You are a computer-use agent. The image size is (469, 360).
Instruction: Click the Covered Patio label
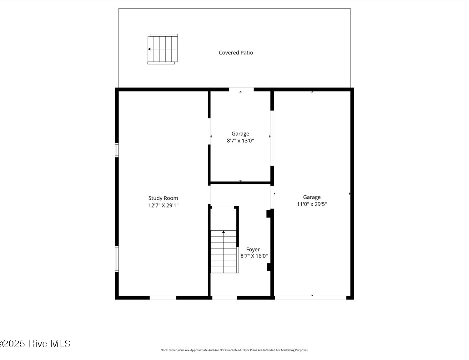click(236, 52)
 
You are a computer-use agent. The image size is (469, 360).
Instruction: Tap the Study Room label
click(163, 198)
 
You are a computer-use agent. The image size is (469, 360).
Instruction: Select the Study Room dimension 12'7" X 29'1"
click(163, 205)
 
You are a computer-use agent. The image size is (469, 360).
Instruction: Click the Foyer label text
click(253, 250)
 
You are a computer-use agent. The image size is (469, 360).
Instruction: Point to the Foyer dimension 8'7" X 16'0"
click(254, 256)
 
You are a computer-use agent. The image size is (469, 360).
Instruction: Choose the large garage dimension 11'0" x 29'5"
click(312, 204)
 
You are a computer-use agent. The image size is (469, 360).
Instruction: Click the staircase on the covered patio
click(163, 49)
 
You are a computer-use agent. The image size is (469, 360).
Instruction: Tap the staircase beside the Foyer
click(224, 252)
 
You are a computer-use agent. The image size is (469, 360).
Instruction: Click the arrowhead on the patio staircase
click(149, 49)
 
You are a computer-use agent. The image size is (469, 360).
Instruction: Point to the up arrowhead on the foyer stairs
click(223, 232)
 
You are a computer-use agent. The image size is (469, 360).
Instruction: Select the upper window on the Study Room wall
click(117, 150)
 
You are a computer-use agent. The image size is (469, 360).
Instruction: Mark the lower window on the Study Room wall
click(117, 259)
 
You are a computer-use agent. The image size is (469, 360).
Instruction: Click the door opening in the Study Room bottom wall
click(163, 298)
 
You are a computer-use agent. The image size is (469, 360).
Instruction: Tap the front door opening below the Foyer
click(224, 298)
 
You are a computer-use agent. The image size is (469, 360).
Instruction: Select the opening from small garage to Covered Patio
click(241, 89)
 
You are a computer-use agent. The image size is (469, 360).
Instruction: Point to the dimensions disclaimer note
click(234, 350)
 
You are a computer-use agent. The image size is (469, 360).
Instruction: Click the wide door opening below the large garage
click(310, 298)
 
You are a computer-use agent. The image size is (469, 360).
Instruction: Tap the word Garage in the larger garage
click(312, 197)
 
